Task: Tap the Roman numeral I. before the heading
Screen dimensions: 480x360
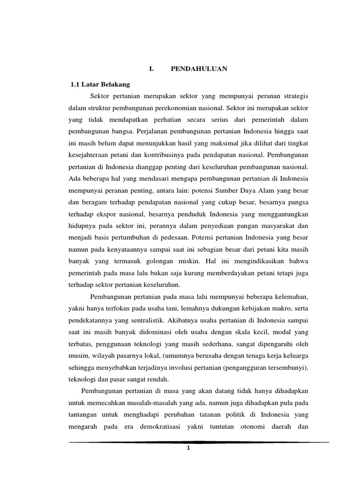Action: (151, 69)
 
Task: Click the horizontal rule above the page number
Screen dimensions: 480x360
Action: (199, 442)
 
